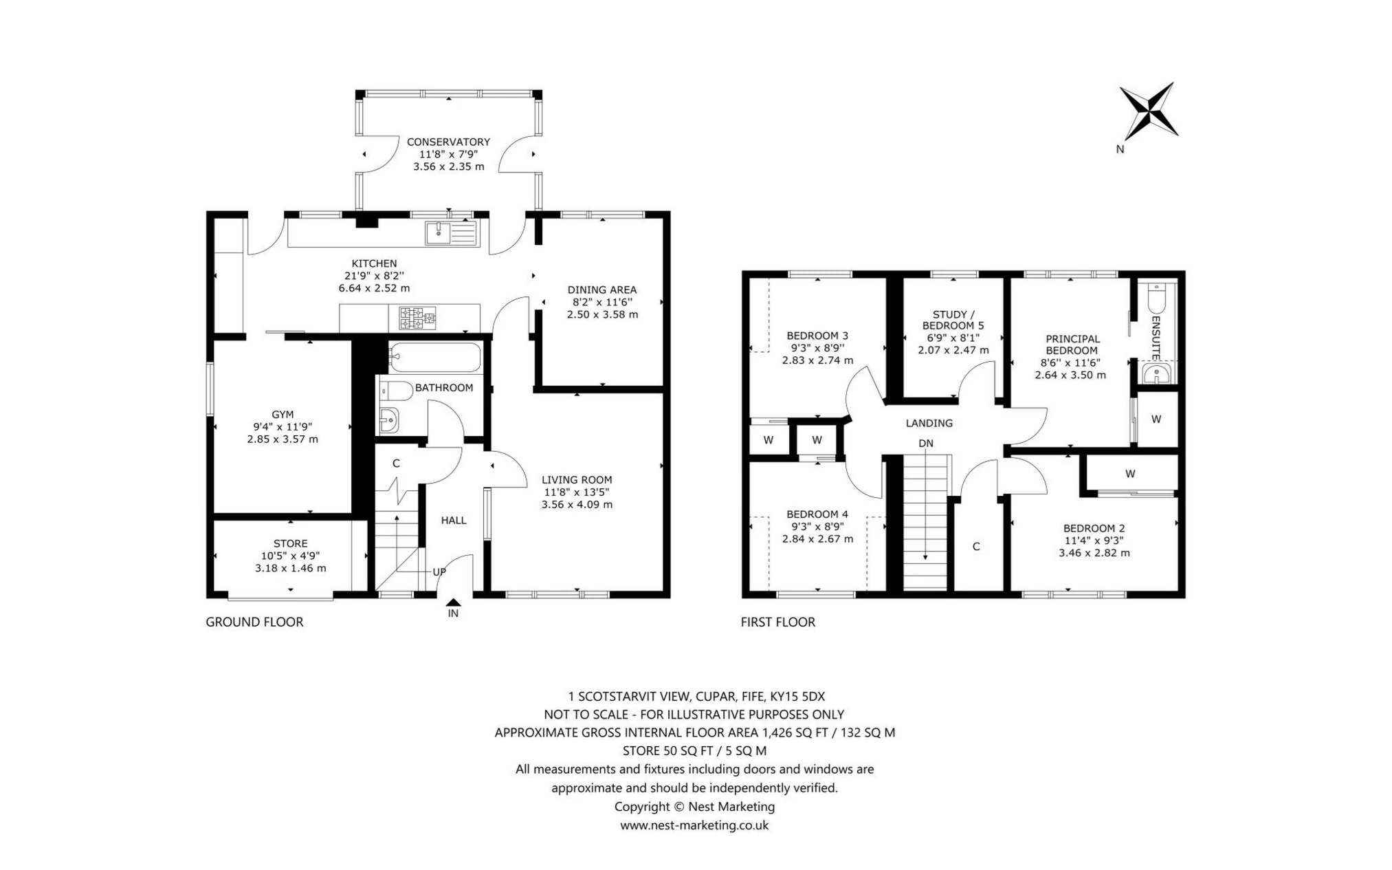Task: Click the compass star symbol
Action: (1148, 111)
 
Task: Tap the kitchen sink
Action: (450, 232)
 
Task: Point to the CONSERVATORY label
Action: (448, 142)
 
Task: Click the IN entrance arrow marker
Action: (453, 602)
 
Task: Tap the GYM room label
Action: (283, 414)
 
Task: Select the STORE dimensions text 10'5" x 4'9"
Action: (290, 556)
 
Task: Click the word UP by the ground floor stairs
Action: (439, 572)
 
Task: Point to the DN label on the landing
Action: (926, 443)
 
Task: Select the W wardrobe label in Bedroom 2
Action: (1130, 473)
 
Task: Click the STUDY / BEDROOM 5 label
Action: (953, 320)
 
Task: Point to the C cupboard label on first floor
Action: (975, 546)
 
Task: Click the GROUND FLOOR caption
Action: (254, 622)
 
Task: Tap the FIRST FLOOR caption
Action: (777, 622)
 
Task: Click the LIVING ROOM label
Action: (576, 479)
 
